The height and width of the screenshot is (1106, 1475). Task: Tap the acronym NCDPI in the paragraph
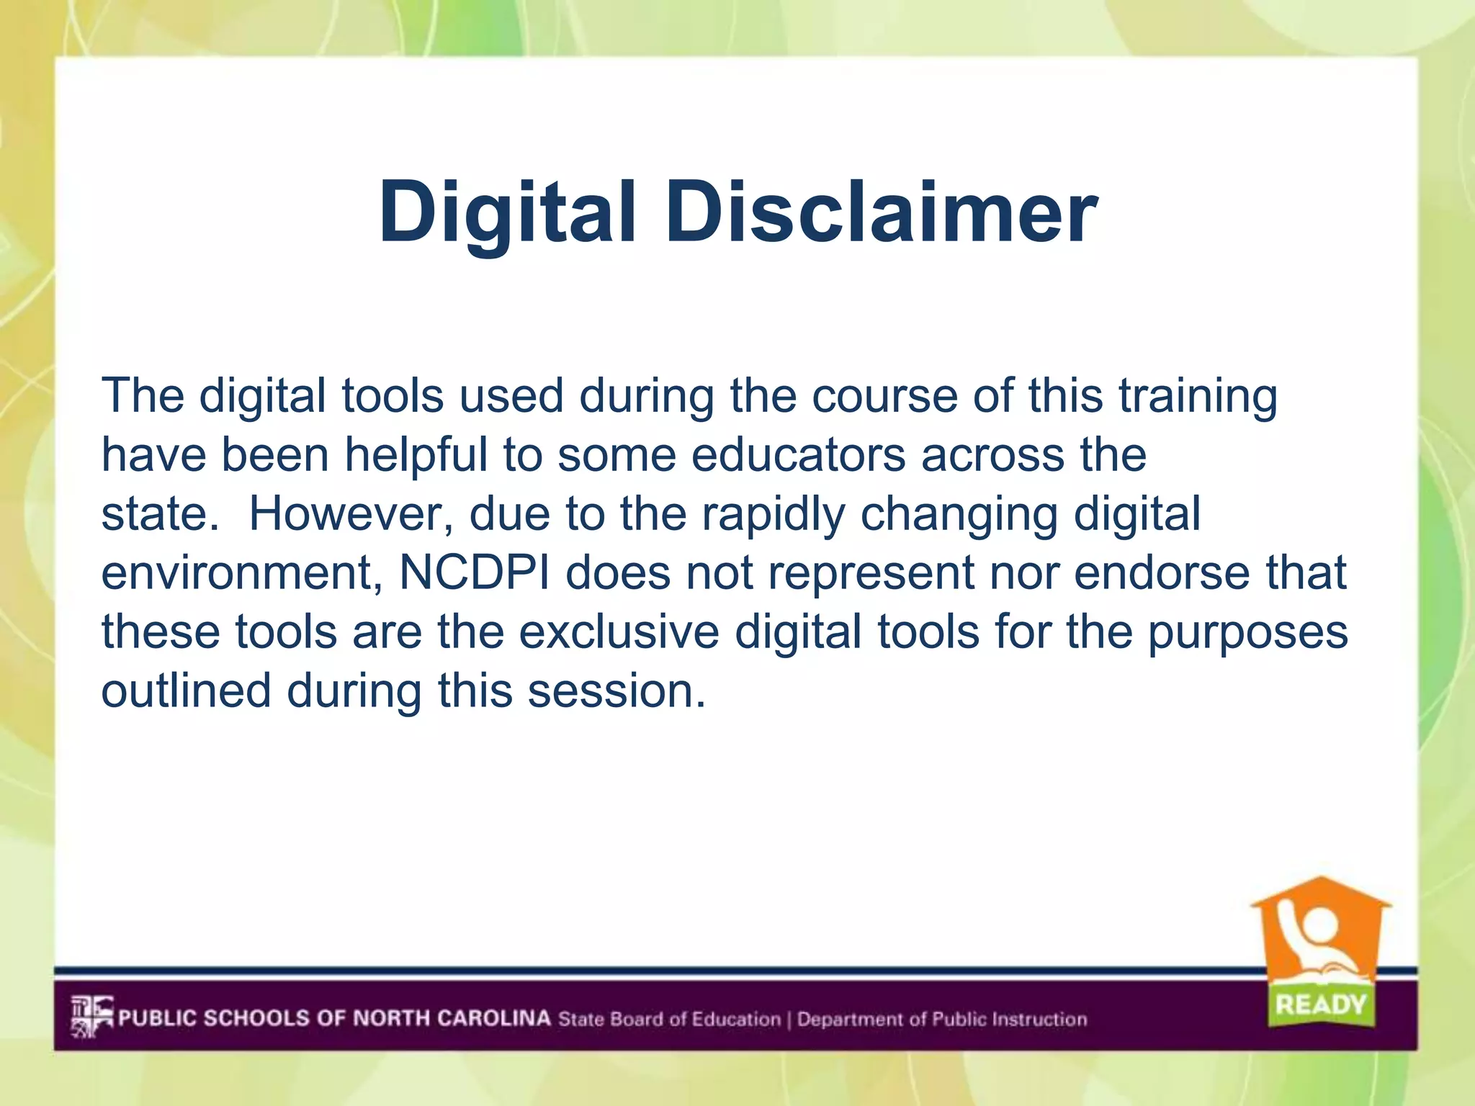pos(474,573)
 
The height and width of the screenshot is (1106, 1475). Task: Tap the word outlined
pos(186,691)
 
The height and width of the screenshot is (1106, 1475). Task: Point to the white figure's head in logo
pos(1320,922)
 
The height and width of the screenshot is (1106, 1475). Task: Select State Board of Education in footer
pos(669,1019)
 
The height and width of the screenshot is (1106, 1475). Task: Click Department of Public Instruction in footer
pos(941,1019)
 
